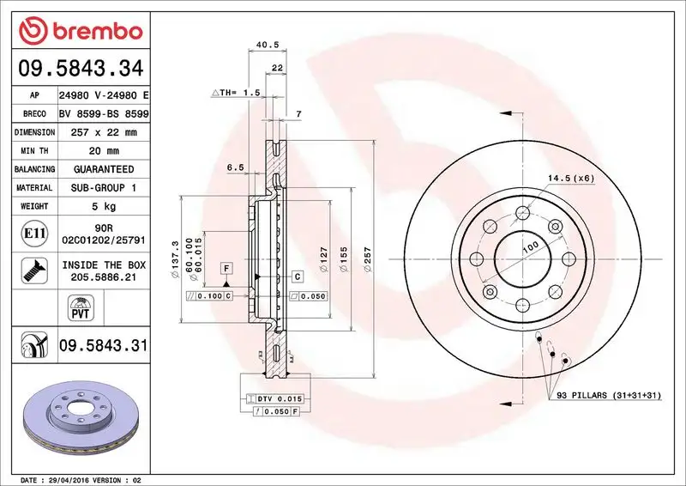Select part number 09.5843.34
pos(78,67)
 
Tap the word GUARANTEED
pos(103,169)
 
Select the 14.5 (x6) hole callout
pos(571,178)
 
